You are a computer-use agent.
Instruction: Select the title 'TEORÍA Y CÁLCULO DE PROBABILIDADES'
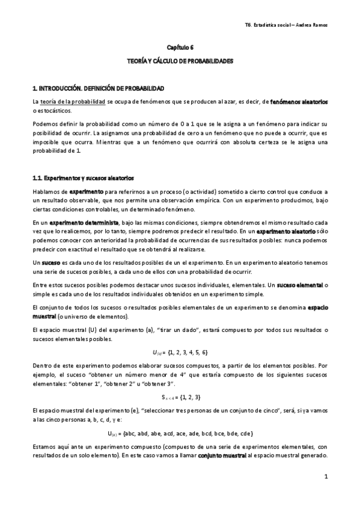(x=180, y=61)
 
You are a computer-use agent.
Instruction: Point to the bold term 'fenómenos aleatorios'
(x=299, y=103)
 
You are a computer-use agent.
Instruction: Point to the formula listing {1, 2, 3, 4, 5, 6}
(x=180, y=352)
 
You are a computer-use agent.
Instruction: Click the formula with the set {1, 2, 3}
(x=180, y=397)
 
